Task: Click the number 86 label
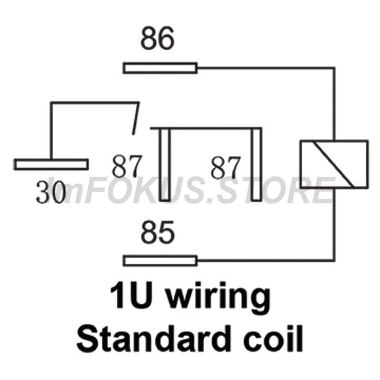158,38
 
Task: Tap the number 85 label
158,232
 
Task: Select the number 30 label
51,192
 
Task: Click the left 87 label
126,166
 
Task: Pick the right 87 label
226,168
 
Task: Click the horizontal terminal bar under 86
160,68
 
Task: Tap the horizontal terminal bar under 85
160,261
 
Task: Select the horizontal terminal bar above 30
51,164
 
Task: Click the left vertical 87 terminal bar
165,165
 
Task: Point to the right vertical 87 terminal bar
256,165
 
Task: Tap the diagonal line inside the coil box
332,164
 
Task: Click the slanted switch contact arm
136,118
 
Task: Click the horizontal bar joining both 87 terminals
206,128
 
